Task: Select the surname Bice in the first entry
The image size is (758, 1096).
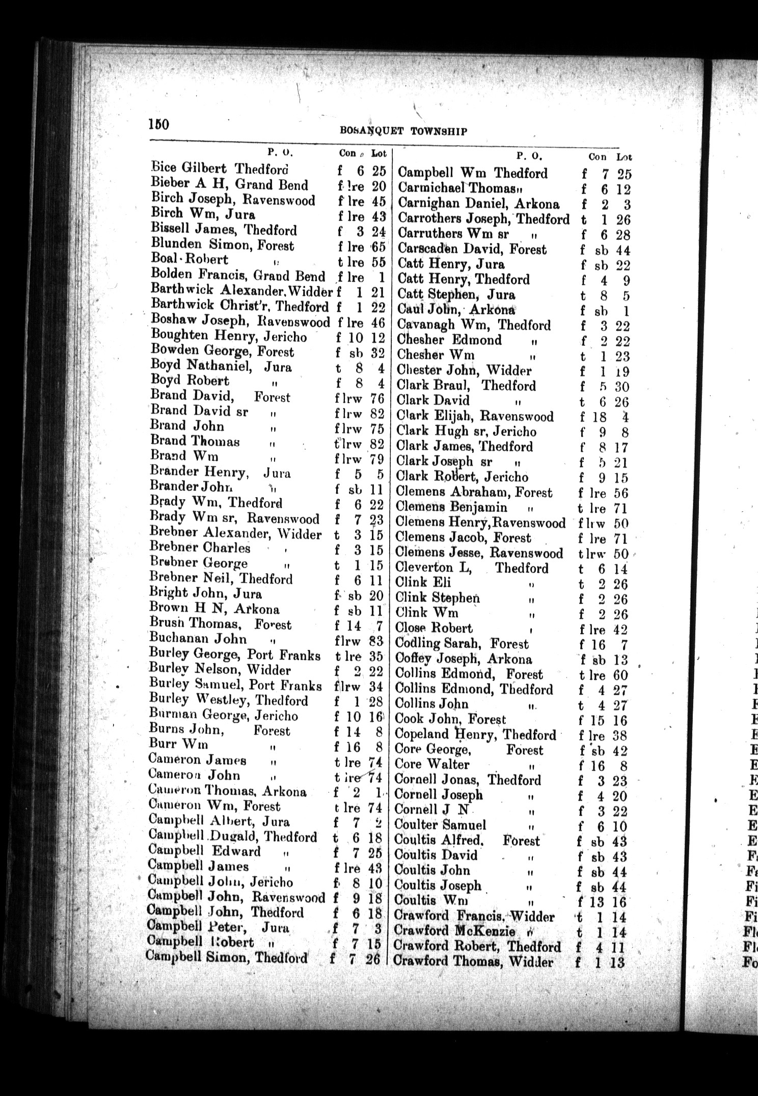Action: (164, 168)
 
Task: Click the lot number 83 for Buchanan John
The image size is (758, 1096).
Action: (377, 640)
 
